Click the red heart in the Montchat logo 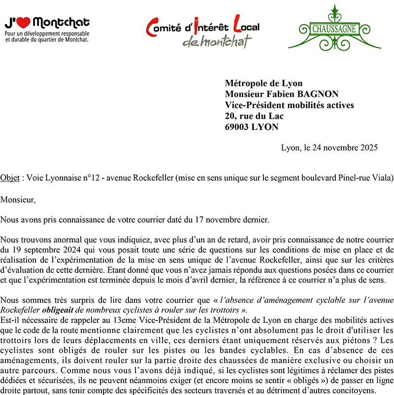click(25, 22)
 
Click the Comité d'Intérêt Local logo click(202, 31)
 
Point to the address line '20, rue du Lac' click(254, 116)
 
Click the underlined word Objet click(10, 177)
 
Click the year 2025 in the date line click(368, 148)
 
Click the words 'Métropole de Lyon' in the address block click(263, 83)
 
